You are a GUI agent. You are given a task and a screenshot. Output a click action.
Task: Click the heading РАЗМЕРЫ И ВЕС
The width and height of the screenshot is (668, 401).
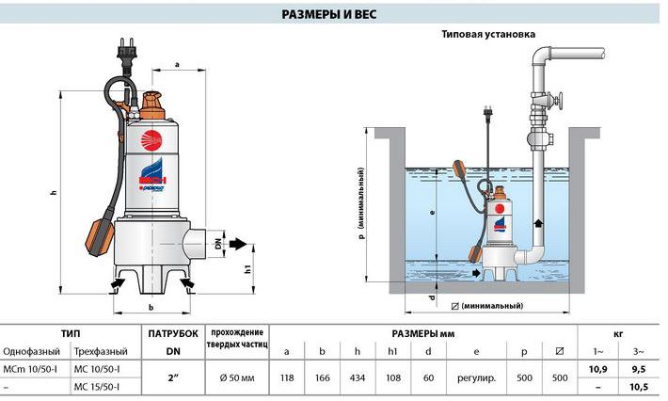329,14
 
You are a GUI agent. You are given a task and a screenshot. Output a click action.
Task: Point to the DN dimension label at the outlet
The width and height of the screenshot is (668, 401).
218,243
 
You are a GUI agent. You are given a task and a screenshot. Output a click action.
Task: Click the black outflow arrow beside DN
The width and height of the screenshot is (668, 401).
238,244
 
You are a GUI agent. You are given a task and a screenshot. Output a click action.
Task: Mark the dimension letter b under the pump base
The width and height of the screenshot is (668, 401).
151,307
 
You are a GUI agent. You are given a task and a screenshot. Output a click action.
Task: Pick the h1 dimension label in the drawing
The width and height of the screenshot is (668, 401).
248,269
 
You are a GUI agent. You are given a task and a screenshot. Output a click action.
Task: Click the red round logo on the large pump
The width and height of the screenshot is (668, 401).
151,140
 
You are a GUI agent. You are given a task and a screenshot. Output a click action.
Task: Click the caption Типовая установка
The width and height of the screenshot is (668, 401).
488,34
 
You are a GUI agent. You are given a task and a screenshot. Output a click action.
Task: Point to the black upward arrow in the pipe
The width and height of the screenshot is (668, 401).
538,223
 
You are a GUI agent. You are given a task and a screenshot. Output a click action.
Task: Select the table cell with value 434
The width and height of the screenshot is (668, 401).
357,377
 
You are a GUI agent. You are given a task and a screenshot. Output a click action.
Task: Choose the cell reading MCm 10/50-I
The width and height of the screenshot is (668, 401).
30,369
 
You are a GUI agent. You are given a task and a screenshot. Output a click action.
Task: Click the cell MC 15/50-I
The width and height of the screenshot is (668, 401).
97,387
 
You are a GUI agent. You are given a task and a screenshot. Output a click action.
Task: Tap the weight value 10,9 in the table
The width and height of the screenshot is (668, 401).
597,369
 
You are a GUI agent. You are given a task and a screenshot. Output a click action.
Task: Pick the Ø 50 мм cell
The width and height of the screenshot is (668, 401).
237,377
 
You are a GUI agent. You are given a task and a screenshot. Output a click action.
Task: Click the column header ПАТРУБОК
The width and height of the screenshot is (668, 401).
173,333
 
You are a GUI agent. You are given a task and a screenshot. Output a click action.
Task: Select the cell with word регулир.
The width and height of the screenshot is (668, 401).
476,377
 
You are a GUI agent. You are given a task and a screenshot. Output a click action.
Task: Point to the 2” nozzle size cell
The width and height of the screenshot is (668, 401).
173,377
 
